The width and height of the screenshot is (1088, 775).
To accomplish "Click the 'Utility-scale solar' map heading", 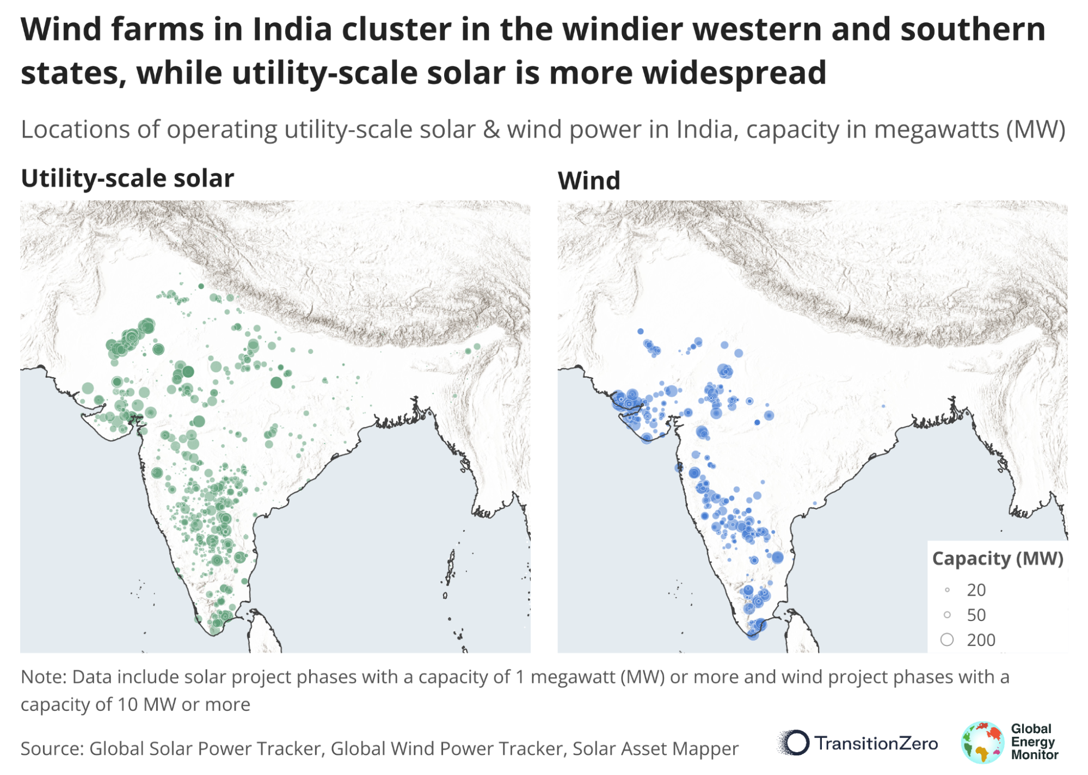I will [127, 179].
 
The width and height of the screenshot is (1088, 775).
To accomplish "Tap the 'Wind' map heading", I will [589, 181].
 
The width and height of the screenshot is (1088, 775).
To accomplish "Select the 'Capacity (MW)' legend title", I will [997, 559].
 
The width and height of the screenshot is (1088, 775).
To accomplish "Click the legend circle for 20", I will [947, 590].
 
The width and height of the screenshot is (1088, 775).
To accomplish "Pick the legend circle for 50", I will [947, 615].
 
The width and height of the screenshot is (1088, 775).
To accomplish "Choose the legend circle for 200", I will [947, 640].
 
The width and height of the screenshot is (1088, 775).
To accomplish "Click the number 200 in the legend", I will [981, 640].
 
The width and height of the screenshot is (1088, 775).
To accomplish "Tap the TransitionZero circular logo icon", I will [796, 743].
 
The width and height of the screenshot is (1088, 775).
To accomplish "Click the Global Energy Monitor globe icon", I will [982, 742].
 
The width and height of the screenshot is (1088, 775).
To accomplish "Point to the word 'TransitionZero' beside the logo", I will [876, 743].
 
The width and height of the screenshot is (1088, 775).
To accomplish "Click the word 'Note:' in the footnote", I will [44, 677].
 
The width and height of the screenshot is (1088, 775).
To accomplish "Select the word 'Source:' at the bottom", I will [52, 749].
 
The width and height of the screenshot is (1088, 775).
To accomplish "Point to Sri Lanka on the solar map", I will [264, 631].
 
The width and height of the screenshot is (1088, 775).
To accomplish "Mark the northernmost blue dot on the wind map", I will [641, 331].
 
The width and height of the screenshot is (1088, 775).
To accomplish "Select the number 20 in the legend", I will [976, 590].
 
